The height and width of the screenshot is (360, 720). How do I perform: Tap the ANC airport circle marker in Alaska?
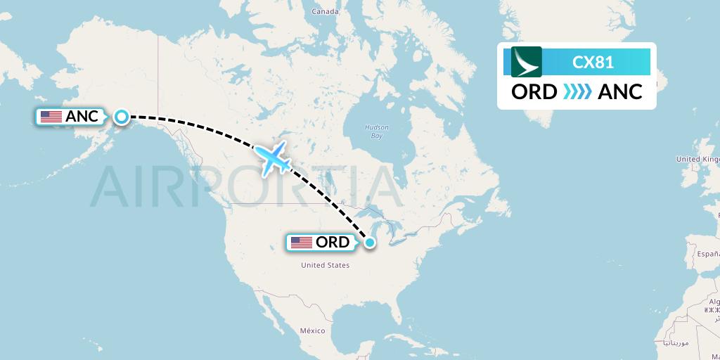point(122,117)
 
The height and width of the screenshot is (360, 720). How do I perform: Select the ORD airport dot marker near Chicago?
point(370,243)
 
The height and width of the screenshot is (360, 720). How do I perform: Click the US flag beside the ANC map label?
point(51,117)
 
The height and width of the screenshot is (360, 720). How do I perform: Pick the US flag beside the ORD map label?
point(302,243)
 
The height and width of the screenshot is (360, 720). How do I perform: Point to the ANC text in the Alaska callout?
point(82,117)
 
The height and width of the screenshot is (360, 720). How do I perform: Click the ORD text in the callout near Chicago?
point(333,243)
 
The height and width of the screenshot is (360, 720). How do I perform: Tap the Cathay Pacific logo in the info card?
point(527,62)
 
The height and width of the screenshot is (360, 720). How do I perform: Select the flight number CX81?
point(593,63)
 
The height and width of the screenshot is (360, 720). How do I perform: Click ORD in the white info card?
point(534,92)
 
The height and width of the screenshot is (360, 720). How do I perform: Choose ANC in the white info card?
point(620,92)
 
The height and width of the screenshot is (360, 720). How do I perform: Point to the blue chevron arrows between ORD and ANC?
point(577,92)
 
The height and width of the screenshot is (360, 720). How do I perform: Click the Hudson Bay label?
point(376,131)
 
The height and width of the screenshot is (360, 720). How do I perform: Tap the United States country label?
point(325,265)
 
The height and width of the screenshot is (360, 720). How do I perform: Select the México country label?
point(312,330)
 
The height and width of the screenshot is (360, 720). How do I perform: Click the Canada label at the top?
point(326,11)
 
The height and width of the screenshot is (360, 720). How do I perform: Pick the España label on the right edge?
point(707,252)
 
